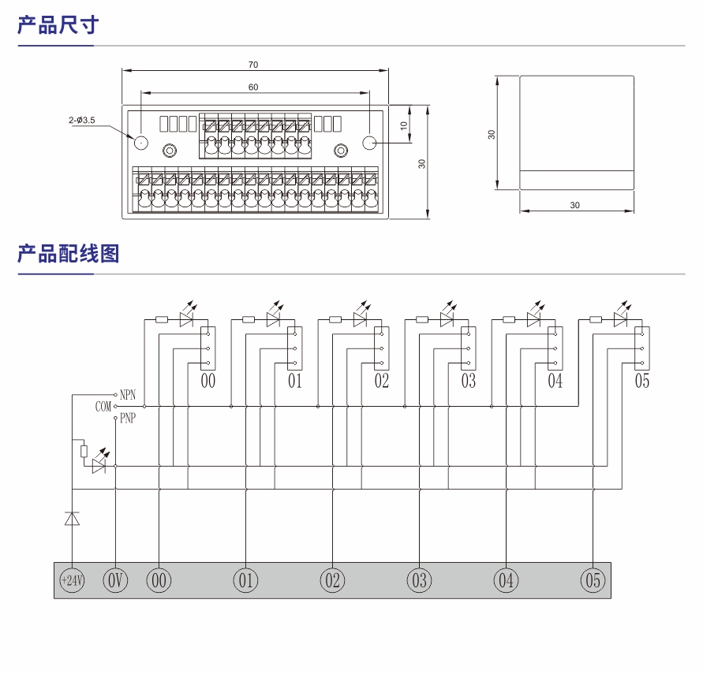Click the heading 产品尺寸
pos(58,25)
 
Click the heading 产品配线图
pos(68,254)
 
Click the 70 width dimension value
pos(252,65)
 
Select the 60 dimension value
pos(252,88)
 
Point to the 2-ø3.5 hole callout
pos(81,120)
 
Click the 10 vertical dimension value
pos(403,125)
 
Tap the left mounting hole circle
pos(141,143)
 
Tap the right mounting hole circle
pos(369,143)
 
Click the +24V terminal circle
pos(72,581)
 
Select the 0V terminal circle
pos(115,581)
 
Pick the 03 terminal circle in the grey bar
pos(419,581)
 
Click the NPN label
pos(128,393)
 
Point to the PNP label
pos(127,419)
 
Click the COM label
pos(103,407)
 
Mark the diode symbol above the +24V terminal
pos(72,518)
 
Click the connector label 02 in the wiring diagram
pos(382,382)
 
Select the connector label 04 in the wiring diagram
pos(555,382)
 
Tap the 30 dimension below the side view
pos(574,205)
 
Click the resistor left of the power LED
pos(84,451)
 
